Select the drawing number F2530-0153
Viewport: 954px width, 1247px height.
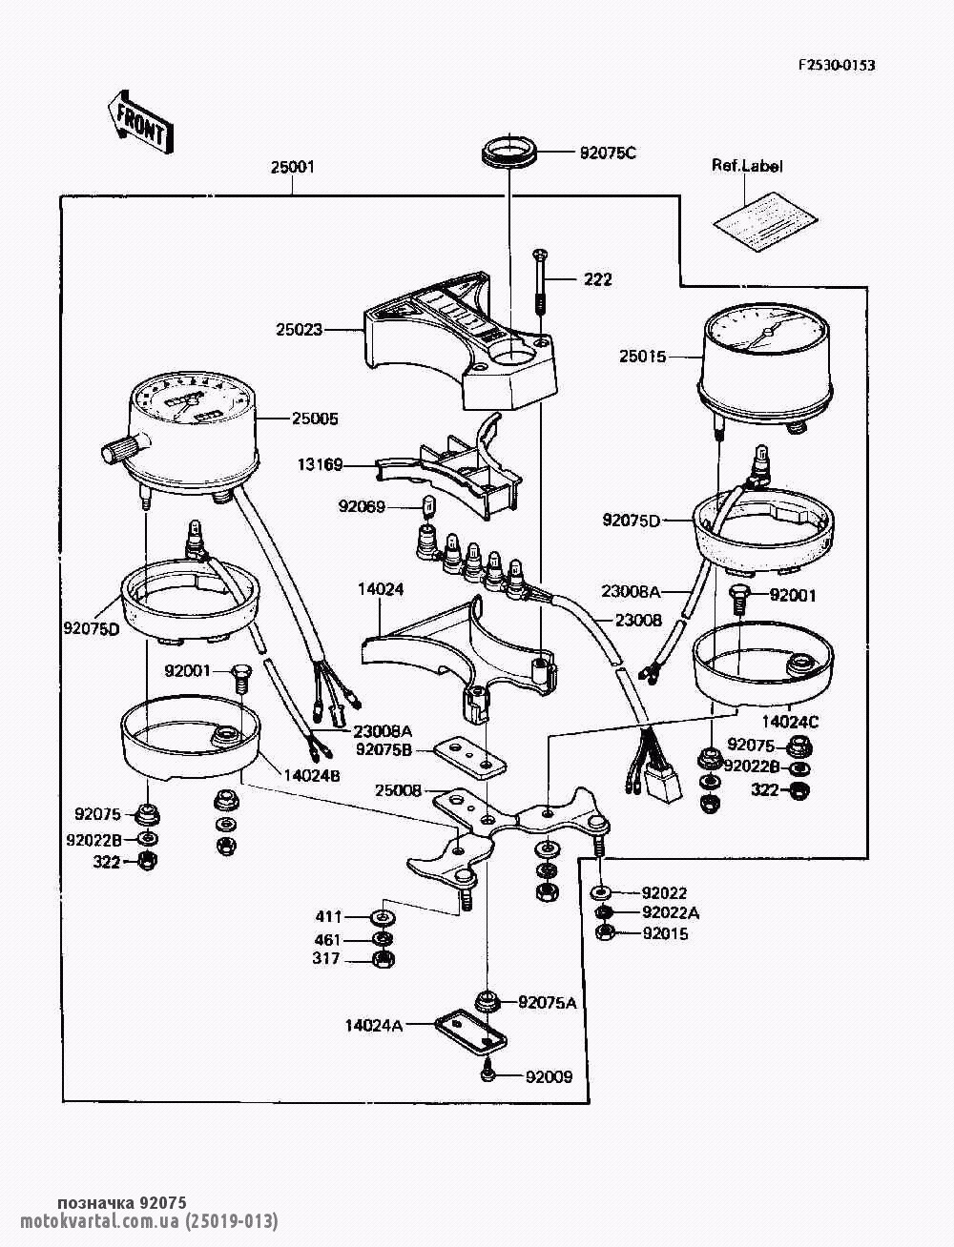pos(837,65)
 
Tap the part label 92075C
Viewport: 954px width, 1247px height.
pos(608,152)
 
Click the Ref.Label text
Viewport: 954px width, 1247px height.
pos(747,166)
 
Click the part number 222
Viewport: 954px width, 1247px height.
pos(597,279)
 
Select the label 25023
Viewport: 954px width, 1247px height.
pos(300,330)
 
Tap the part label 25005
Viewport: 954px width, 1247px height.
pos(314,418)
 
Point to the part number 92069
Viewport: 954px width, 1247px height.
pos(362,506)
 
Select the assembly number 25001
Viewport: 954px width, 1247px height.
pos(292,167)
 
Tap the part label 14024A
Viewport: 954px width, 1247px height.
pos(374,1025)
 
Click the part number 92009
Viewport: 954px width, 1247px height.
pos(549,1077)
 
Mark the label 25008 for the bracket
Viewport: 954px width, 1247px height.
pos(399,789)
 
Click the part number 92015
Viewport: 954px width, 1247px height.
pos(665,933)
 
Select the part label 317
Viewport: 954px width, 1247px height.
pos(326,958)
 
